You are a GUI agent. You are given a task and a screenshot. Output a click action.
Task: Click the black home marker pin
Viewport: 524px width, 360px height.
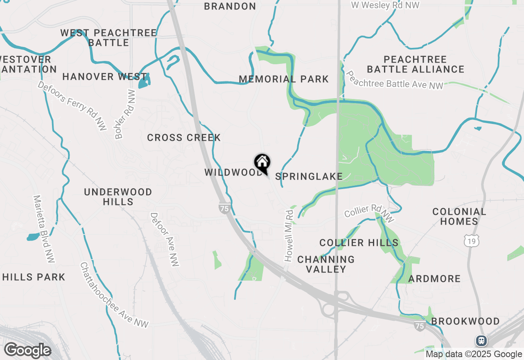point(262,163)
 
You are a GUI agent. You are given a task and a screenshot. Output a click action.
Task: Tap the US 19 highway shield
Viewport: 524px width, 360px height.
point(472,241)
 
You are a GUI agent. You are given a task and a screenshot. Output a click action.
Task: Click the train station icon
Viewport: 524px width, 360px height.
point(481,340)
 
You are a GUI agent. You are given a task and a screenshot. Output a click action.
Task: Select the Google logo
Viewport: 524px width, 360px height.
point(27,351)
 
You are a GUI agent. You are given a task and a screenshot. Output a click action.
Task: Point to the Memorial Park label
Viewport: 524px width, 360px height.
point(284,79)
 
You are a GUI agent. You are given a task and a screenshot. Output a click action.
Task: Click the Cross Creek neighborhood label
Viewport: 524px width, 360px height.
point(184,138)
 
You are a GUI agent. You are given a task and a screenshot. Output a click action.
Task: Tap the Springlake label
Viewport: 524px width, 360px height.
point(309,177)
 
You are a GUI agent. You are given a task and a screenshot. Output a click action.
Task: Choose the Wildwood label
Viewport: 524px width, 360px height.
point(233,173)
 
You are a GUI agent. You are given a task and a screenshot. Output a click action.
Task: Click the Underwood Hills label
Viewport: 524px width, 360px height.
point(118,197)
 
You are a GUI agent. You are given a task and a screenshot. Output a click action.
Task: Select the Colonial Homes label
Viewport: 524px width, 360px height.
point(459,216)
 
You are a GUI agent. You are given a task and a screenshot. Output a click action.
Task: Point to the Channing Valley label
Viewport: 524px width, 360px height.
point(326,264)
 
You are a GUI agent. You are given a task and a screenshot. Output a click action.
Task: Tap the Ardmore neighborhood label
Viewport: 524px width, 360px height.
point(434,279)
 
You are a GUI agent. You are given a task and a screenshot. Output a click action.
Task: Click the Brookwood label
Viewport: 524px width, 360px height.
point(465,322)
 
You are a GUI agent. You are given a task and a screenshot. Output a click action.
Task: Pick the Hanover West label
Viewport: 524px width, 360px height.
point(104,77)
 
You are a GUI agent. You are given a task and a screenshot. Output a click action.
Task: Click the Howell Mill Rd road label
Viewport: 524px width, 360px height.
point(289,236)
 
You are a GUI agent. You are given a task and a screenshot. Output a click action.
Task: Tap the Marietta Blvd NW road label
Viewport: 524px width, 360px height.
point(44,229)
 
